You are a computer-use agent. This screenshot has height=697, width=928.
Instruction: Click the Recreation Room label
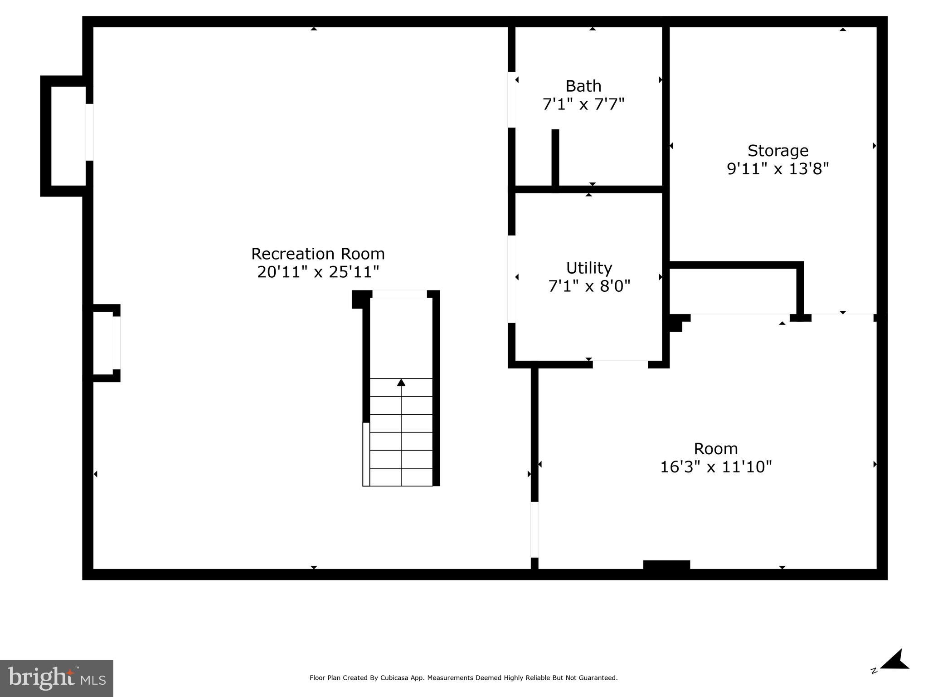[318, 254]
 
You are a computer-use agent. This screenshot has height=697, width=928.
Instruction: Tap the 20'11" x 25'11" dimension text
[318, 272]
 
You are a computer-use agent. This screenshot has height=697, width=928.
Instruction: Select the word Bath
[583, 86]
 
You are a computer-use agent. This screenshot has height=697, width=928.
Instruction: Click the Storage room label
[777, 151]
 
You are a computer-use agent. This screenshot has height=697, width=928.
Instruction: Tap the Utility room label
[589, 268]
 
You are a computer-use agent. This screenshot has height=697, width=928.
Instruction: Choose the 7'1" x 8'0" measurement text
[589, 286]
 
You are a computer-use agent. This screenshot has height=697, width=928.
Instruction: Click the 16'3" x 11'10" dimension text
[715, 467]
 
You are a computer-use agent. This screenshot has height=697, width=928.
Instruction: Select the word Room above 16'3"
[715, 449]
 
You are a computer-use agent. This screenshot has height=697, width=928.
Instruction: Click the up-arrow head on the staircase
[401, 383]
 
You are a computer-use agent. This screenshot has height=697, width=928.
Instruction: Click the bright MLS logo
[56, 678]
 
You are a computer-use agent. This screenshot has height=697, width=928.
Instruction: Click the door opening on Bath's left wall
[511, 100]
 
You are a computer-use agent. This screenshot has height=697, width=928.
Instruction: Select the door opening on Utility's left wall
[511, 279]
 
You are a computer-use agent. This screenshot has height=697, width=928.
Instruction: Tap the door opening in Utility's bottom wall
[620, 364]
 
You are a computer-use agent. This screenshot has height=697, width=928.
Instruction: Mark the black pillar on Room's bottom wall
[666, 565]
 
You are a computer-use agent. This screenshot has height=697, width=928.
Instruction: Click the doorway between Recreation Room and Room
[534, 529]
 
